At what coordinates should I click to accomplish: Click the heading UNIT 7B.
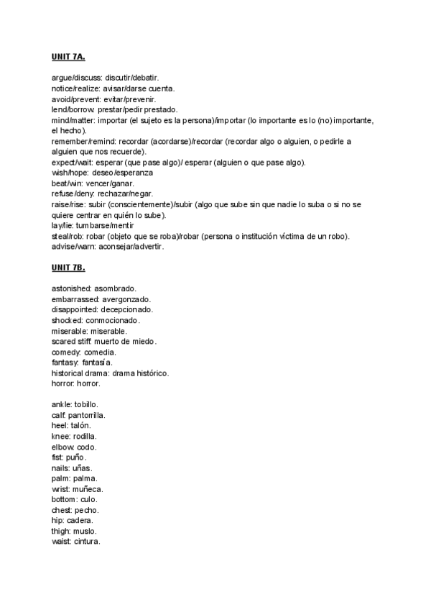[x=68, y=268]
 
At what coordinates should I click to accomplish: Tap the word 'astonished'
[x=71, y=288]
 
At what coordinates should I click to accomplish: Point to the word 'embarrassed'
[x=75, y=299]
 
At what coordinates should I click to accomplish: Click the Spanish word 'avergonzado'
[x=126, y=299]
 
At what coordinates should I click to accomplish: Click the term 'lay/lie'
[x=62, y=226]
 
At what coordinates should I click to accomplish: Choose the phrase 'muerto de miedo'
[x=126, y=341]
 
